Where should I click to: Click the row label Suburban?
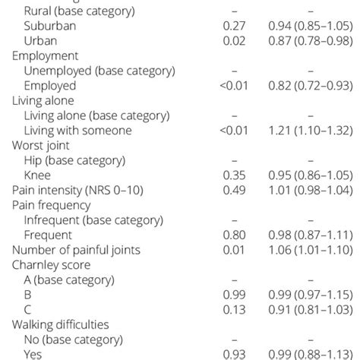click(52, 26)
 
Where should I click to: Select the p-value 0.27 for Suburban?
click(235, 26)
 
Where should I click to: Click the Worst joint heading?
click(43, 145)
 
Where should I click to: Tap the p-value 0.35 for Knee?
click(235, 175)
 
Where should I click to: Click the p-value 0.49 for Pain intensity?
click(235, 190)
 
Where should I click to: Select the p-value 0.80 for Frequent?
click(235, 235)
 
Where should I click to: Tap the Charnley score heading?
click(52, 264)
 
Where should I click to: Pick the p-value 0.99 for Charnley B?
click(235, 294)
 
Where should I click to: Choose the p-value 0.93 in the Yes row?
click(235, 353)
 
